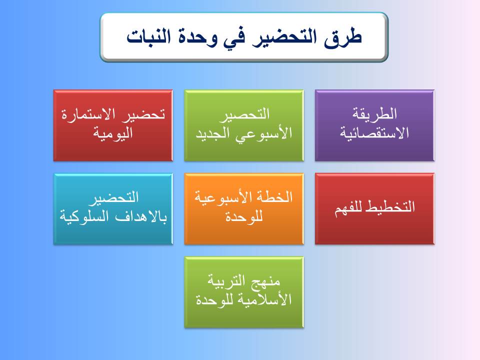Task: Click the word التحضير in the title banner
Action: (x=284, y=37)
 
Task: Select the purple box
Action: (x=374, y=125)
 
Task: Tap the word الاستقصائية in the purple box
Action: (x=374, y=133)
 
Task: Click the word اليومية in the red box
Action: (x=113, y=133)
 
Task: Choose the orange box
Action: (x=244, y=209)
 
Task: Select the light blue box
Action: (x=113, y=209)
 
